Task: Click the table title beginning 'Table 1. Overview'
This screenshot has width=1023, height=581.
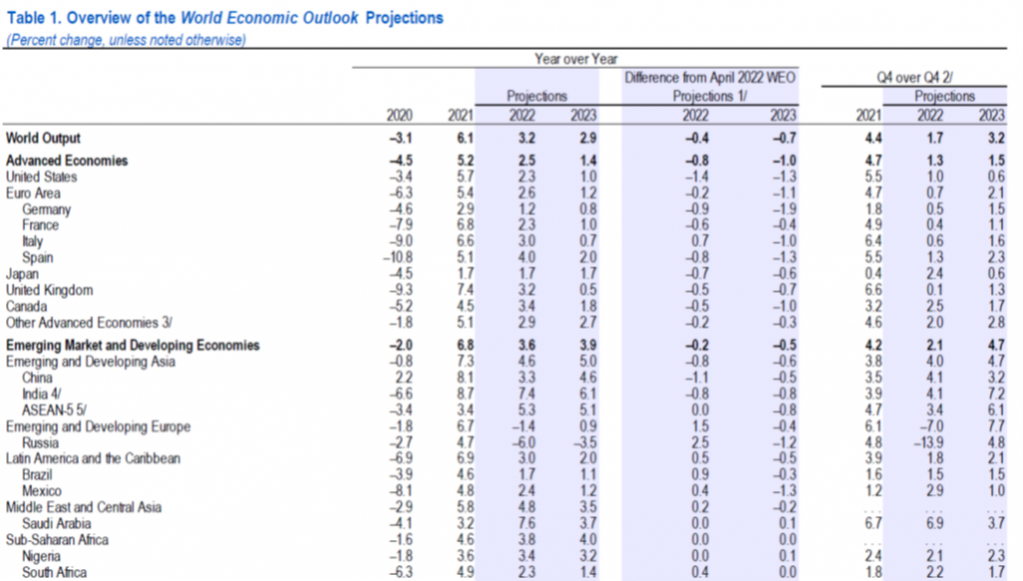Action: point(225,18)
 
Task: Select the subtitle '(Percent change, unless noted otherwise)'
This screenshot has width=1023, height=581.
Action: point(126,40)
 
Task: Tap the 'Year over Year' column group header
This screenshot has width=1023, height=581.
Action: point(575,60)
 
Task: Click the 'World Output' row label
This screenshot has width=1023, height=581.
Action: point(43,139)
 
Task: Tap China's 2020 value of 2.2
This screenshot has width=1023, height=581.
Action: point(403,378)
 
